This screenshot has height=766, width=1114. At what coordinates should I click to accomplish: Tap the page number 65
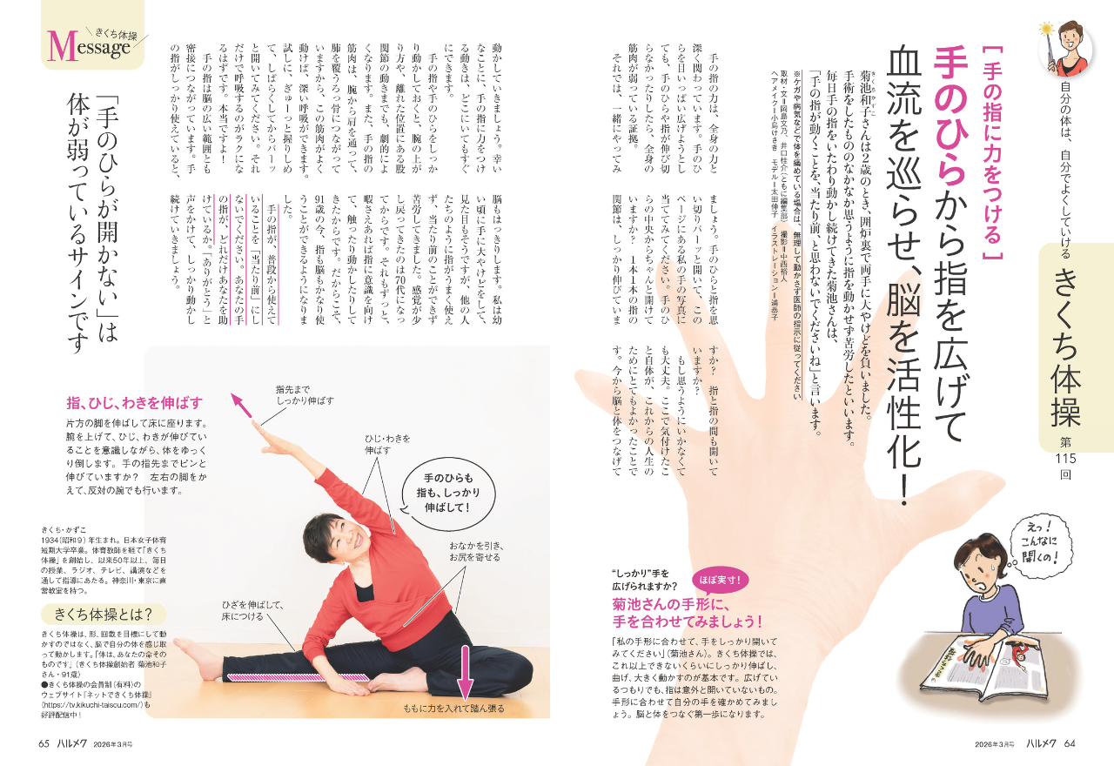tap(44, 743)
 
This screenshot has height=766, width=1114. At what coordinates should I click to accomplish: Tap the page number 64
tap(1069, 743)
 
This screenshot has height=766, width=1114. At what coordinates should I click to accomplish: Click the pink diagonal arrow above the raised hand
tap(242, 406)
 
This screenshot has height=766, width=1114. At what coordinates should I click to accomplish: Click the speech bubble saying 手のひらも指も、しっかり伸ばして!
tap(448, 493)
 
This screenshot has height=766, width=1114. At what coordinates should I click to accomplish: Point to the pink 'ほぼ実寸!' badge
tap(720, 580)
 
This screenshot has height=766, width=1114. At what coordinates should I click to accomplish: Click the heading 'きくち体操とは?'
tap(103, 615)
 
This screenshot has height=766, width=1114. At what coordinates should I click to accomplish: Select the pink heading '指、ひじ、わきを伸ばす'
tap(134, 402)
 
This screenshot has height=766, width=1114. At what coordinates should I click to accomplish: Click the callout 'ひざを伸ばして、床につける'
tap(252, 610)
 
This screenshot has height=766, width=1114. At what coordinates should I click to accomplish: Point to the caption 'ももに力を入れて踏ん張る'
tap(454, 708)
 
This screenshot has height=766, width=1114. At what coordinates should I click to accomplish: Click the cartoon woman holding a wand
tap(1068, 50)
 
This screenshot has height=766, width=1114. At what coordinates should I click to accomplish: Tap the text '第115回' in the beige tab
tap(1065, 459)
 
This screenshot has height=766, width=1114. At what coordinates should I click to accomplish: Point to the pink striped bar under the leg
tap(299, 677)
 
